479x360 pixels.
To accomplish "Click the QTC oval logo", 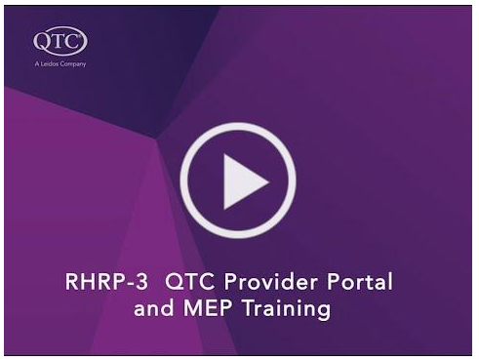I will (x=60, y=42).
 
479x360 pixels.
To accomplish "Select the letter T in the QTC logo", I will (x=60, y=42).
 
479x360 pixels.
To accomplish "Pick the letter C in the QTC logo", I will (x=74, y=42).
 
